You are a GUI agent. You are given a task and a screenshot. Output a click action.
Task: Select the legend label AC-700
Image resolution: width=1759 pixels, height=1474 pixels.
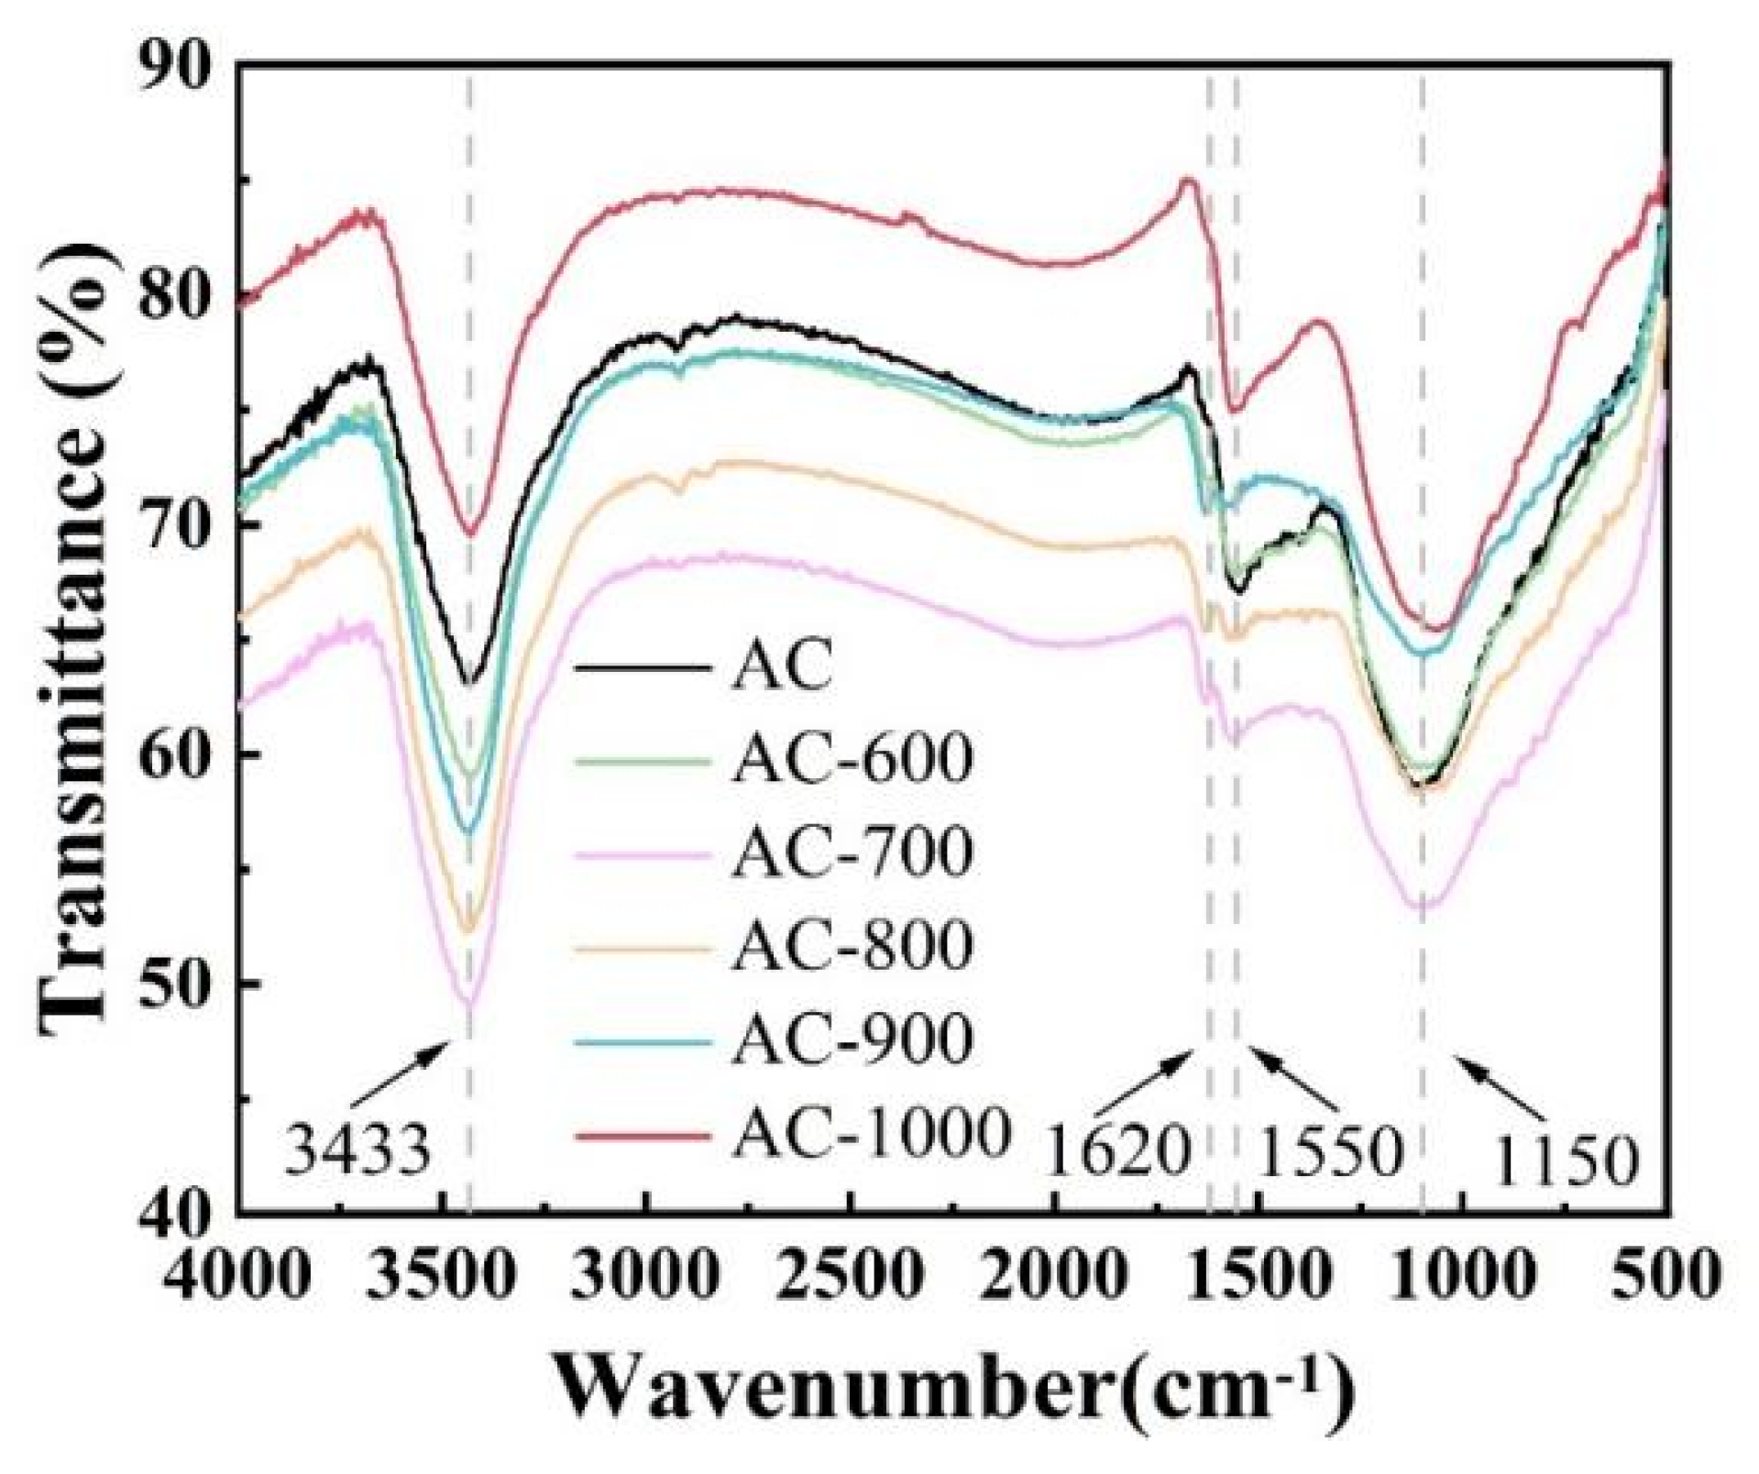852,851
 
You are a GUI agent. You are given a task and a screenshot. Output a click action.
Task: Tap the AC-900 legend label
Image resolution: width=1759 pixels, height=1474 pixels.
852,1039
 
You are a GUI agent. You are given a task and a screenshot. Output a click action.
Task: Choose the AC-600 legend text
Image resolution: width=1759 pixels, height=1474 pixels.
852,757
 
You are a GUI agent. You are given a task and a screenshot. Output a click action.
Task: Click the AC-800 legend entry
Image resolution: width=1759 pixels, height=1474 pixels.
852,945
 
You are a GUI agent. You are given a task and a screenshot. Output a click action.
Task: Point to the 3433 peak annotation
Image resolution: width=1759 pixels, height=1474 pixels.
357,1151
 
